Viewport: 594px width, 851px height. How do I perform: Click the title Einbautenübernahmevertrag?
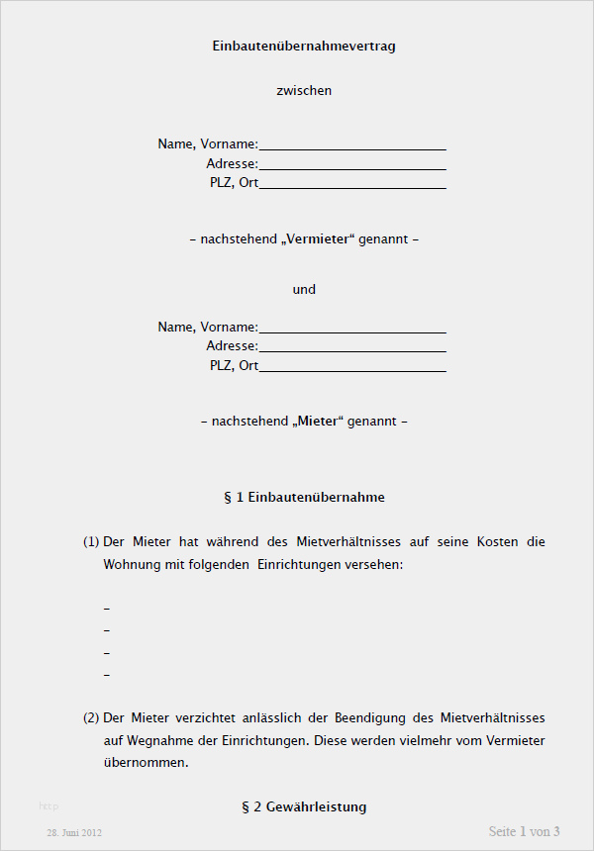pos(304,46)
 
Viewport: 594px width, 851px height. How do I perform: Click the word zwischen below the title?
pos(304,90)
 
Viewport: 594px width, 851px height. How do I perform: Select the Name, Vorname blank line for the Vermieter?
pos(352,145)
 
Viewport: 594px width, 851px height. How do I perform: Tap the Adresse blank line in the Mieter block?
pos(352,347)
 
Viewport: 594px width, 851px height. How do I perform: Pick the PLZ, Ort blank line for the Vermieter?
pos(352,184)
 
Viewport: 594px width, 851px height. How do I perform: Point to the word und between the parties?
pos(304,290)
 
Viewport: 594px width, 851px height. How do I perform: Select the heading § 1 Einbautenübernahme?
pos(304,497)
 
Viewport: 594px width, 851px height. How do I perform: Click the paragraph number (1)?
pos(91,542)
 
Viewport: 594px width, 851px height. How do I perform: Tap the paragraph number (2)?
pos(91,717)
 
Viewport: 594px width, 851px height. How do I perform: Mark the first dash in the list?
pos(106,608)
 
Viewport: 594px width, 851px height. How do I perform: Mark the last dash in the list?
pos(106,676)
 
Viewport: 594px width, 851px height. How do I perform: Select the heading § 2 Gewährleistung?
pos(304,806)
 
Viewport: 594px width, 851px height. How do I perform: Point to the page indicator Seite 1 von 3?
pos(525,831)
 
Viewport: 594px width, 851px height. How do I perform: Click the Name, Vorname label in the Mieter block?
pos(207,327)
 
